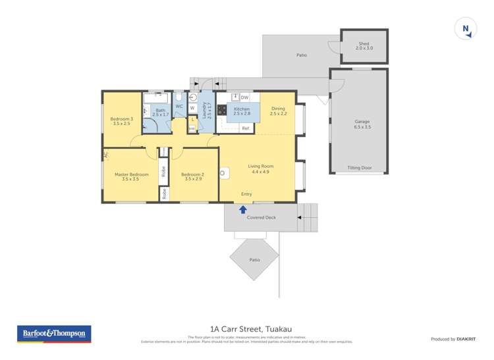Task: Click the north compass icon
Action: click(466, 28)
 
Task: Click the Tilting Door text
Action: click(360, 168)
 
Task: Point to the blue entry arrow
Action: click(242, 209)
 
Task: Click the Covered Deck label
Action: click(261, 217)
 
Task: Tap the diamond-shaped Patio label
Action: click(254, 260)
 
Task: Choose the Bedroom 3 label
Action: click(122, 120)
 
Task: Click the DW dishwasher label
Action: click(244, 97)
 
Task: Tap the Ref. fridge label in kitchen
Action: click(245, 128)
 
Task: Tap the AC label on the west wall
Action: click(105, 155)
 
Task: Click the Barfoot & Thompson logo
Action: click(53, 334)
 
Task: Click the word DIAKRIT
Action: click(467, 339)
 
